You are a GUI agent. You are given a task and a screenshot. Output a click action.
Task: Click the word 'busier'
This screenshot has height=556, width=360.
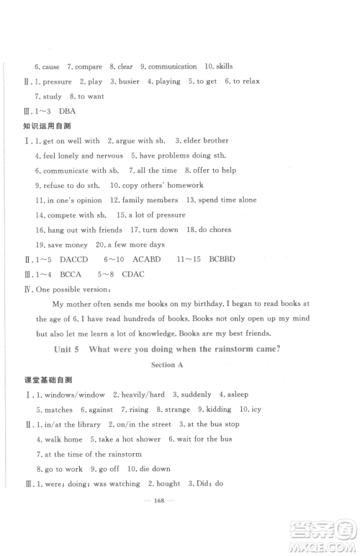click(129, 81)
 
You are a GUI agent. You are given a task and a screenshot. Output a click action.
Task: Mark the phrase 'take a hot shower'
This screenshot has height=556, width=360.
click(127, 439)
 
